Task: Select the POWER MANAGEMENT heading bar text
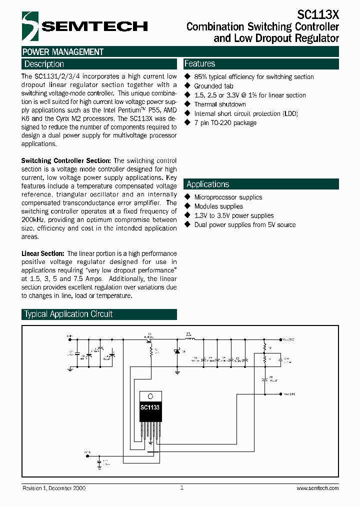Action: pyautogui.click(x=63, y=52)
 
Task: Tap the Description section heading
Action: pyautogui.click(x=44, y=64)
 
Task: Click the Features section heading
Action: pyautogui.click(x=199, y=63)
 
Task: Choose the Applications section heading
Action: pyautogui.click(x=207, y=184)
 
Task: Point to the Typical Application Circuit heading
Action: pyautogui.click(x=68, y=314)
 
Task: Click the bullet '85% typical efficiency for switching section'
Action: pyautogui.click(x=253, y=77)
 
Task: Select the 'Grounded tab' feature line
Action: pyautogui.click(x=213, y=86)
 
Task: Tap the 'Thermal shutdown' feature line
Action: pyautogui.click(x=220, y=104)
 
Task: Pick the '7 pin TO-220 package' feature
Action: pyautogui.click(x=225, y=123)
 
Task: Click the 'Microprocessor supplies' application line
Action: pyautogui.click(x=228, y=197)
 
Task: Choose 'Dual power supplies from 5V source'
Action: pyautogui.click(x=244, y=225)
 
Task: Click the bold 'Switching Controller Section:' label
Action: pyautogui.click(x=66, y=160)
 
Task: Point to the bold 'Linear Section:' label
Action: pyautogui.click(x=43, y=254)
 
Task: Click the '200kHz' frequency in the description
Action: pyautogui.click(x=33, y=219)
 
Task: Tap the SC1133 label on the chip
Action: pyautogui.click(x=150, y=407)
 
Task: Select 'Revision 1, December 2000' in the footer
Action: pyautogui.click(x=54, y=488)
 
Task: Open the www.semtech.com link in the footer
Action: pyautogui.click(x=317, y=488)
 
